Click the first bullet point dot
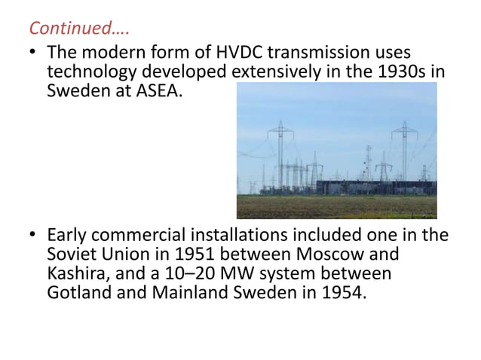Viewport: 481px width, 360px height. (x=34, y=55)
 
